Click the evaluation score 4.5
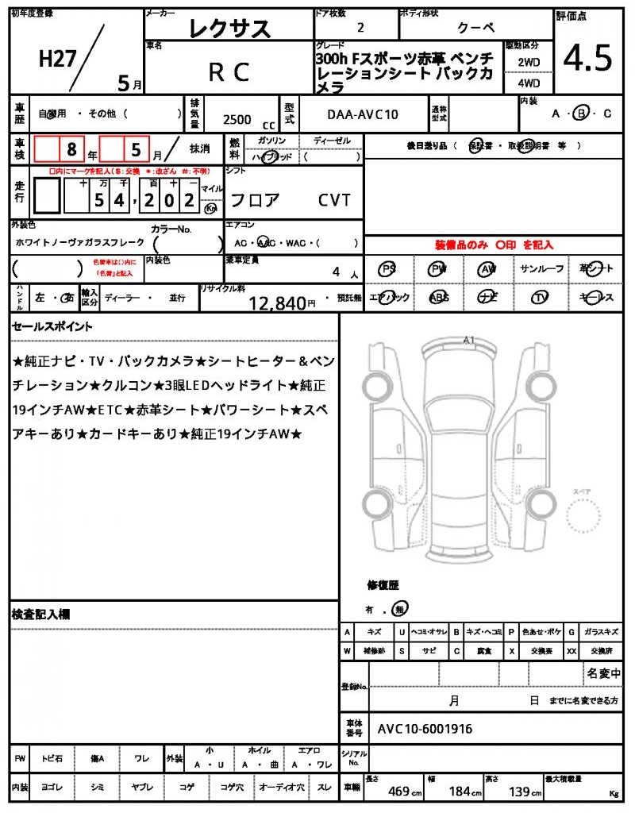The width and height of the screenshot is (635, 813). click(587, 58)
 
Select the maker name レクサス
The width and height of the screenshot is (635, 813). click(230, 29)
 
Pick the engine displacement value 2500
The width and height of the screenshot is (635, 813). click(237, 119)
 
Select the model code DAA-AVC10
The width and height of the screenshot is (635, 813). click(363, 115)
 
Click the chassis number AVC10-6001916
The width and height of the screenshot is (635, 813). click(425, 728)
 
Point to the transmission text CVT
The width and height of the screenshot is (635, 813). click(334, 200)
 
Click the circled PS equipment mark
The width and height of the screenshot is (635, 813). click(387, 269)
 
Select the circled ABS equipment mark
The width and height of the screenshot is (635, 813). click(438, 298)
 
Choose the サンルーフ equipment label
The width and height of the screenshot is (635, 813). click(542, 269)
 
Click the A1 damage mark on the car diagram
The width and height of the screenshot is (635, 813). click(468, 340)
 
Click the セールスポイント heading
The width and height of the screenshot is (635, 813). click(52, 326)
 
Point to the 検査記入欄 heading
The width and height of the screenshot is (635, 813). click(41, 615)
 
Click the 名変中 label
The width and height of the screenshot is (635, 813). click(603, 674)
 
